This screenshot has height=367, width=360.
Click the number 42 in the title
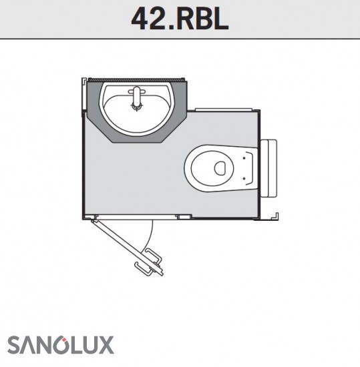[x=148, y=19]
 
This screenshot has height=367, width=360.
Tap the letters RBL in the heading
[x=202, y=19]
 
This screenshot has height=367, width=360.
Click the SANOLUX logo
[x=60, y=345]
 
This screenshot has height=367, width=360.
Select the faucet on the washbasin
[x=136, y=98]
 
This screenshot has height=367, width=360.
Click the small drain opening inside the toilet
[x=220, y=167]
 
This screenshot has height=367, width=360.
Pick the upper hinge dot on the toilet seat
[x=244, y=158]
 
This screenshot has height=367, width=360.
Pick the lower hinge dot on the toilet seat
[x=244, y=178]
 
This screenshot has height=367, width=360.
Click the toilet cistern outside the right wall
[x=268, y=168]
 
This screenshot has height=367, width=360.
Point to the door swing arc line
[x=150, y=236]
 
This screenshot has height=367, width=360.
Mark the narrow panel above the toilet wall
[x=224, y=109]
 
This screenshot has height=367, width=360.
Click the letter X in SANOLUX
[x=107, y=345]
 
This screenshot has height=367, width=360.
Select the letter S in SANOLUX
[x=14, y=345]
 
